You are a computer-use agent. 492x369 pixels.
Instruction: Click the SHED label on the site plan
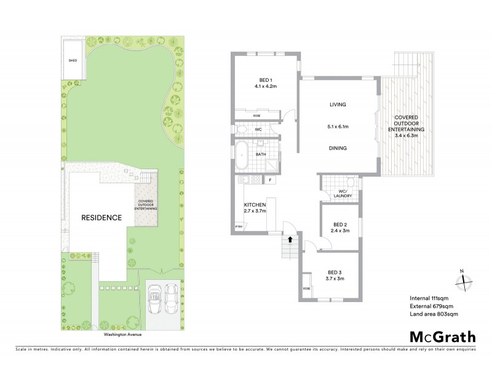pyautogui.click(x=73, y=61)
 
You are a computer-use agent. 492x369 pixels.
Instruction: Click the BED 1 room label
pyautogui.click(x=266, y=80)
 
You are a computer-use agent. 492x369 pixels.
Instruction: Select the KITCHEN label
pyautogui.click(x=255, y=204)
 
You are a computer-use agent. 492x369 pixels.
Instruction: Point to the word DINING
pyautogui.click(x=338, y=148)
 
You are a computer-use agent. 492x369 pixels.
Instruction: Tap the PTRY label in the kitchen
pyautogui.click(x=239, y=228)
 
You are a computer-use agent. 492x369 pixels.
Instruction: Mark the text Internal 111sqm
pyautogui.click(x=430, y=298)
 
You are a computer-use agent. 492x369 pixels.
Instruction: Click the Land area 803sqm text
pyautogui.click(x=434, y=314)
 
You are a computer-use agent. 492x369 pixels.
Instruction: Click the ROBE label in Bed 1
pyautogui.click(x=256, y=116)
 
